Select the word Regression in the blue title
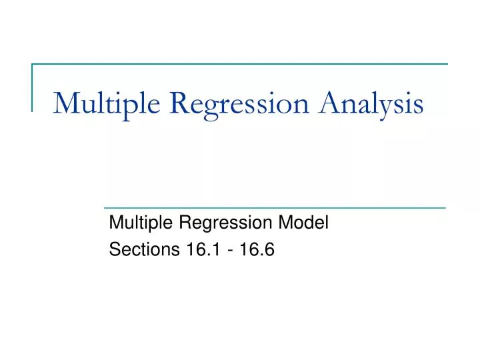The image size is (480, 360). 223,105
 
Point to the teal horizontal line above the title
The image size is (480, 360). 240,64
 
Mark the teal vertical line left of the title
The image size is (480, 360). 32,87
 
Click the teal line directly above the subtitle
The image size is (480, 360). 273,208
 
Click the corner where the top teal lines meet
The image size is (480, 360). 32,64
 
